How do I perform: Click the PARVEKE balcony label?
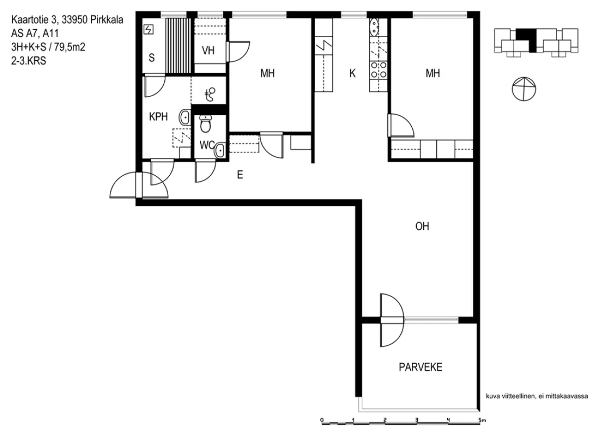click(420, 367)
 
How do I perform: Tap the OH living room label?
click(422, 226)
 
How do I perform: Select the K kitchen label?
click(352, 73)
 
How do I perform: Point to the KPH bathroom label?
click(158, 116)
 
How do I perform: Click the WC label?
click(207, 145)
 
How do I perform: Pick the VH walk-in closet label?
click(208, 50)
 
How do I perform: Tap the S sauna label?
click(152, 57)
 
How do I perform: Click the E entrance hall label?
click(240, 174)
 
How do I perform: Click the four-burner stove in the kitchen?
click(379, 69)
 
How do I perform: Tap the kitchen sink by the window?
click(374, 27)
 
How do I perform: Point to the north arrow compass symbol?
click(524, 89)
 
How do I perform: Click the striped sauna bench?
click(178, 45)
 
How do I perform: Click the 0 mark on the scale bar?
click(321, 419)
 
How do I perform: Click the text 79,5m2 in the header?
click(70, 47)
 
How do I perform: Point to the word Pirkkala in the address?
click(107, 20)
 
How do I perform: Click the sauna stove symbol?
click(148, 29)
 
